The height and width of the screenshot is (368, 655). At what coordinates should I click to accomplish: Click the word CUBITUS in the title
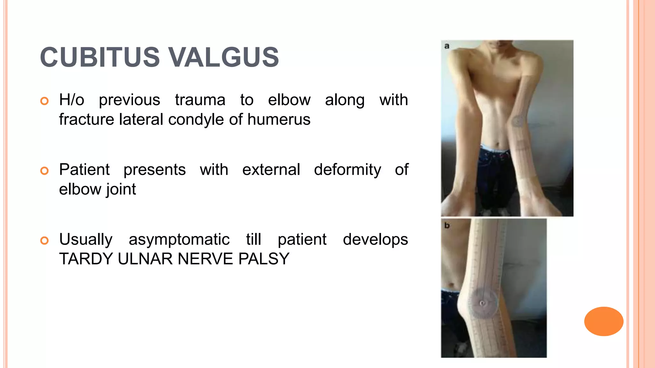coord(99,57)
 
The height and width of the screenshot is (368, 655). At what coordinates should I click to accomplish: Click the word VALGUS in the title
coord(224,57)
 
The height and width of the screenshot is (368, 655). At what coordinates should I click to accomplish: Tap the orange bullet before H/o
coord(44,101)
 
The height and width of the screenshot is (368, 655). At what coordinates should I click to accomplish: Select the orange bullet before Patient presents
coord(44,171)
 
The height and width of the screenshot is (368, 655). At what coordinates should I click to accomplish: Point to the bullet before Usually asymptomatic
coord(44,240)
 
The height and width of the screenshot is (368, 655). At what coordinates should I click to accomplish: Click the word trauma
coord(200,100)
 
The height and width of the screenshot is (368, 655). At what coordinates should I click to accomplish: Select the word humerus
coord(279,120)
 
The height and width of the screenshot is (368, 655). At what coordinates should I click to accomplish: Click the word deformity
coord(347,170)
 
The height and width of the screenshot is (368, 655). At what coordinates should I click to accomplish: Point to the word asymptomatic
coord(179,239)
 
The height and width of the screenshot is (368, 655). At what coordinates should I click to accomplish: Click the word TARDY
coord(86,259)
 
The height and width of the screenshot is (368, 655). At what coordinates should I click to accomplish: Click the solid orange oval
coord(604,321)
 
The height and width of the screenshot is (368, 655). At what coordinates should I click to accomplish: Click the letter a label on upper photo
coord(447,46)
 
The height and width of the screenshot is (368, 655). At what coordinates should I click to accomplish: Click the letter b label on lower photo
coord(447,226)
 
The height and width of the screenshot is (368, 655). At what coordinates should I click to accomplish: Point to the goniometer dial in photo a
coord(518,121)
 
